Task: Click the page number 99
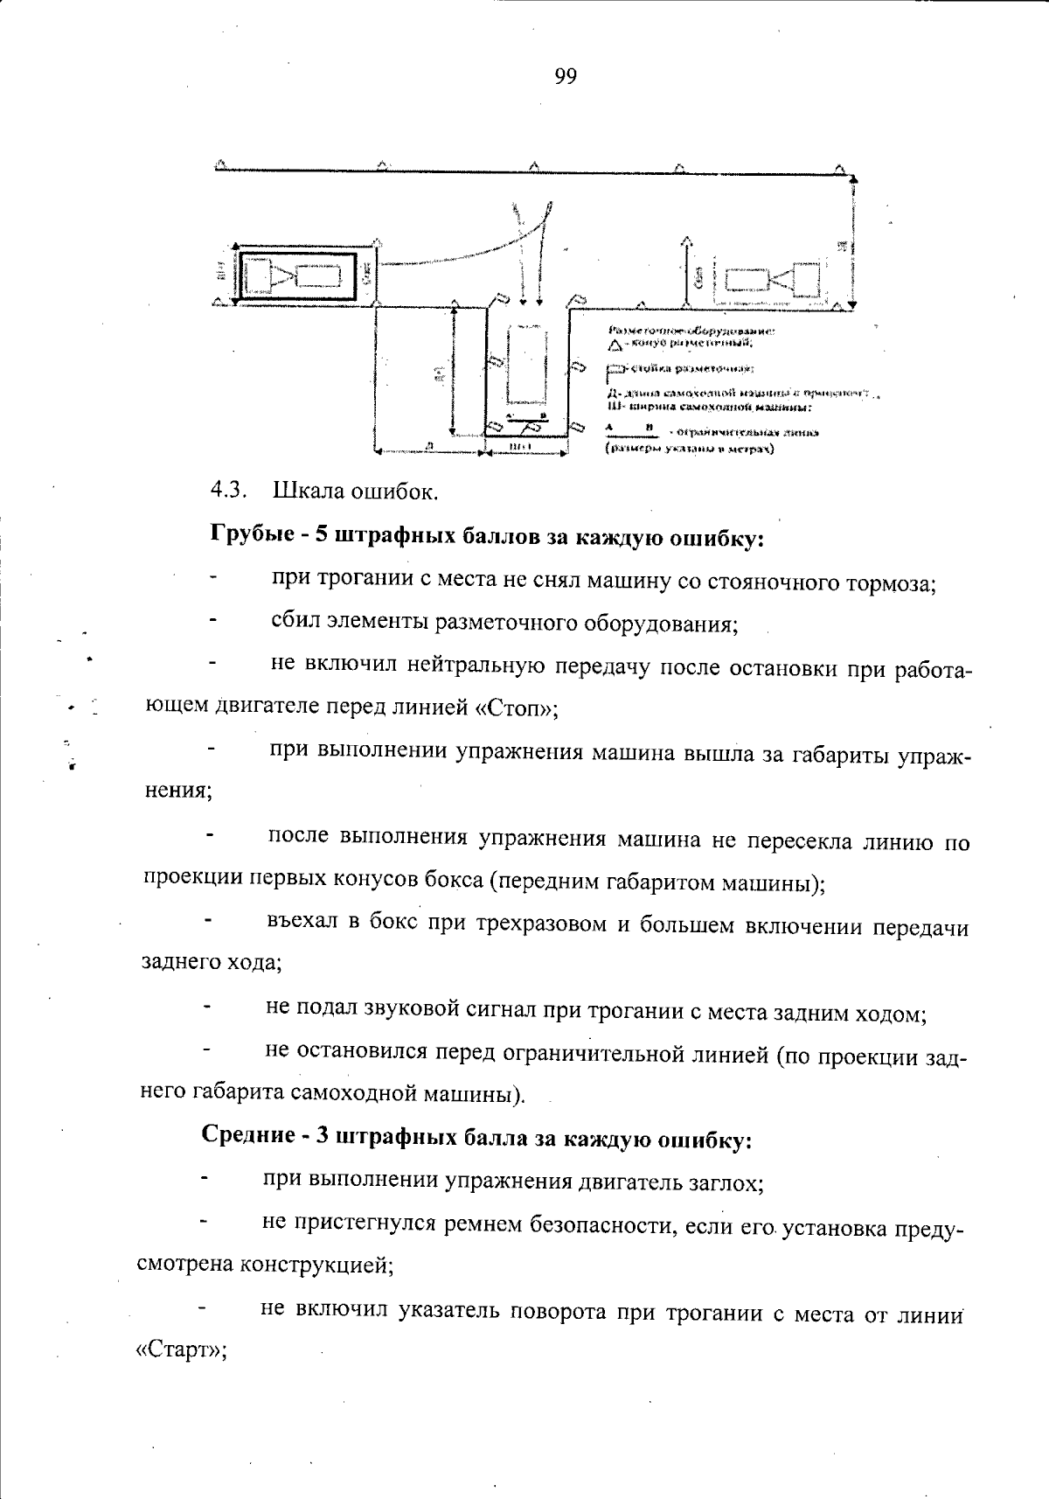(x=565, y=77)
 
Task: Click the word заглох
(x=722, y=1183)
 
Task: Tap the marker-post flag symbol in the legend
(x=616, y=368)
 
